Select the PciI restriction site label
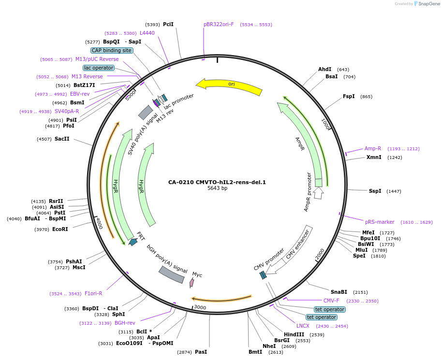[x=168, y=24]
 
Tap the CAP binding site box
[x=111, y=50]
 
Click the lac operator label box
[x=99, y=68]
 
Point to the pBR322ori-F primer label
[x=219, y=24]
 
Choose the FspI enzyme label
[x=349, y=96]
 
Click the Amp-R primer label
[x=373, y=148]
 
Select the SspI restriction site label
[x=375, y=191]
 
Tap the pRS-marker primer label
[x=380, y=222]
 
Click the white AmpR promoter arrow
[x=318, y=193]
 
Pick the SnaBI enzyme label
[x=339, y=292]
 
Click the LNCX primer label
[x=303, y=326]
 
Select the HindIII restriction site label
[x=294, y=334]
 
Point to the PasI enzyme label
[x=201, y=352]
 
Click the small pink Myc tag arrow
[x=192, y=282]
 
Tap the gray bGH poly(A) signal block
[x=172, y=274]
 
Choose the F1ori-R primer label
[x=93, y=293]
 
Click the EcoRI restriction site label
[x=60, y=229]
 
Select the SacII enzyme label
[x=62, y=139]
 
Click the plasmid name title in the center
[x=217, y=182]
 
